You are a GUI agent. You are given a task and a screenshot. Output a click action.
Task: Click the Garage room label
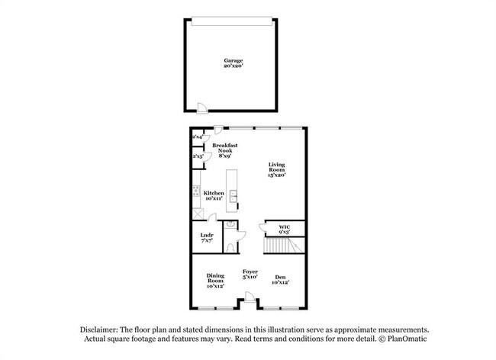click(x=233, y=60)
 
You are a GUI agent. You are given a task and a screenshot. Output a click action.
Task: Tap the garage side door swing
click(x=200, y=107)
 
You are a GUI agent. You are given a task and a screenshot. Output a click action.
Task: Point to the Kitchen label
click(x=214, y=194)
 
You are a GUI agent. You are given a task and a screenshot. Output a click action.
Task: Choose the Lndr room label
click(x=205, y=236)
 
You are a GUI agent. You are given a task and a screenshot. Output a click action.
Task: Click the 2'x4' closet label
click(x=197, y=137)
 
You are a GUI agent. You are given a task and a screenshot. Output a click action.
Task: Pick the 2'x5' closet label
click(x=197, y=156)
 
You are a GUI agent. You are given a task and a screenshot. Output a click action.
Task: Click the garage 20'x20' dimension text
click(x=233, y=66)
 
